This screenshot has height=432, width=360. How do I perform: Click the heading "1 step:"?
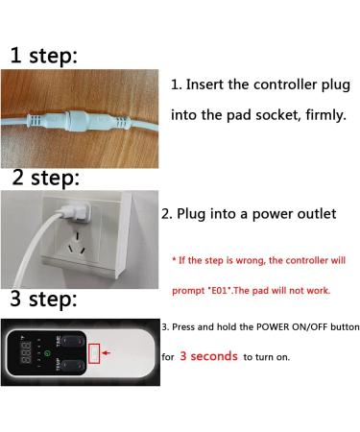[x=44, y=56]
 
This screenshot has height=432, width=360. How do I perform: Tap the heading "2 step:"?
[x=46, y=178]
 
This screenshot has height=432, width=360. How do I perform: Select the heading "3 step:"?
[x=44, y=300]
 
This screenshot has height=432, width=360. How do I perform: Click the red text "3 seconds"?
[x=208, y=356]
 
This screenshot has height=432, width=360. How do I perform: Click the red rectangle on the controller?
[x=94, y=353]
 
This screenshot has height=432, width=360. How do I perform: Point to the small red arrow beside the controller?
[x=106, y=352]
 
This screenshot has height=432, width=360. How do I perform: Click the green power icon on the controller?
[x=47, y=353]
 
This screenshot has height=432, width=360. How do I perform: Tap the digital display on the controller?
[x=26, y=352]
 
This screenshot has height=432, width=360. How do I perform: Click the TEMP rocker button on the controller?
[x=73, y=366]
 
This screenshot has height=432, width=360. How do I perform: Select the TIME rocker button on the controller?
[x=73, y=342]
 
